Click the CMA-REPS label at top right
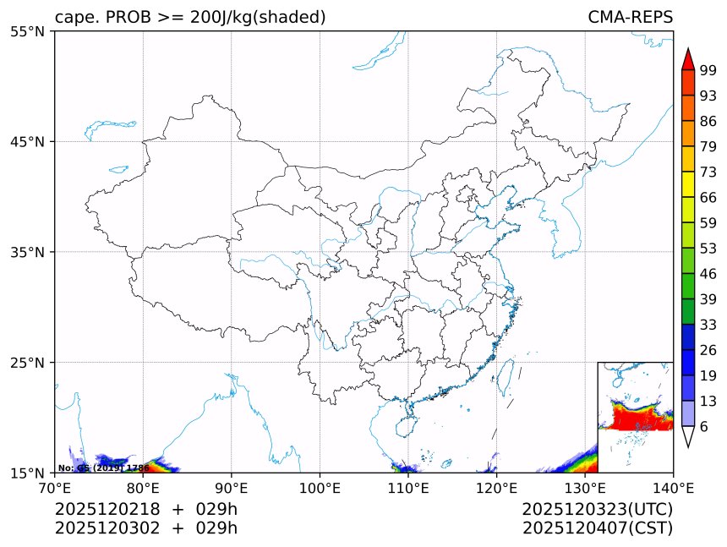pos(630,17)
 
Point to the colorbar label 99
pos(708,71)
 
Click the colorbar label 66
pos(708,198)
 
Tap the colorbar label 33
pos(708,325)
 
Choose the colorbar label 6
pos(704,426)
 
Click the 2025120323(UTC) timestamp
pos(597,510)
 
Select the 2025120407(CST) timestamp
pos(597,528)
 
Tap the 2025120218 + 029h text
pos(146,510)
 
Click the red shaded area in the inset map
pos(630,418)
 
